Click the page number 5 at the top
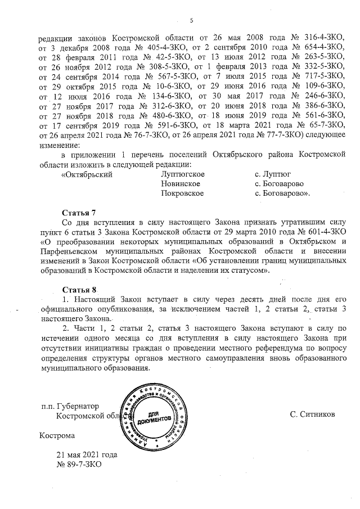pos(191,21)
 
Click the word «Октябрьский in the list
pos(86,174)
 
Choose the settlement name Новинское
pos(181,184)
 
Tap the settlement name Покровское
pos(182,193)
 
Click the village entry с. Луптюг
pos(274,174)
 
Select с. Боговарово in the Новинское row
pos(280,184)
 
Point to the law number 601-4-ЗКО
pos(321,232)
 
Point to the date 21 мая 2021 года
pos(86,454)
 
